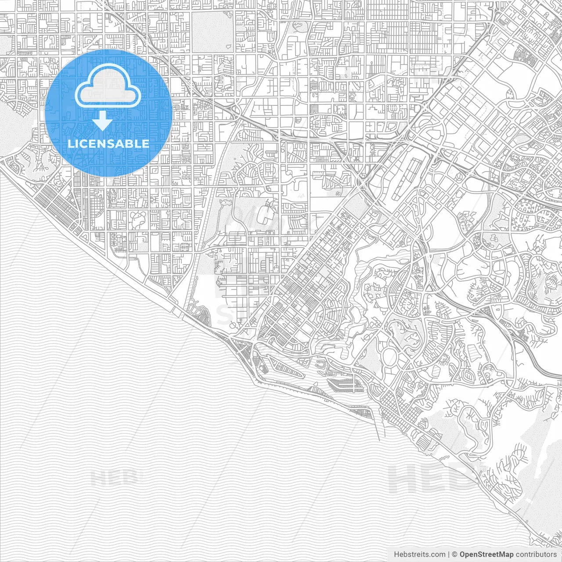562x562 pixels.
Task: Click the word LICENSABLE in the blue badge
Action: point(108,144)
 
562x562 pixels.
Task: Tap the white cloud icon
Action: point(108,86)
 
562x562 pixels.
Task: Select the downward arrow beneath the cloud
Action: point(103,121)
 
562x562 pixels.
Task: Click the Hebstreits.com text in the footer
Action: point(419,555)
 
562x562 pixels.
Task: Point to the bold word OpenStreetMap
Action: point(486,555)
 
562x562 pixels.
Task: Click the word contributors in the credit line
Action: point(536,555)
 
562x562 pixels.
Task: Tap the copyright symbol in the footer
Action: point(455,555)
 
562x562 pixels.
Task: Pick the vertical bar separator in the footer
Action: point(449,555)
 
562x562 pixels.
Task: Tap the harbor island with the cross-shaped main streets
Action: point(347,385)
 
